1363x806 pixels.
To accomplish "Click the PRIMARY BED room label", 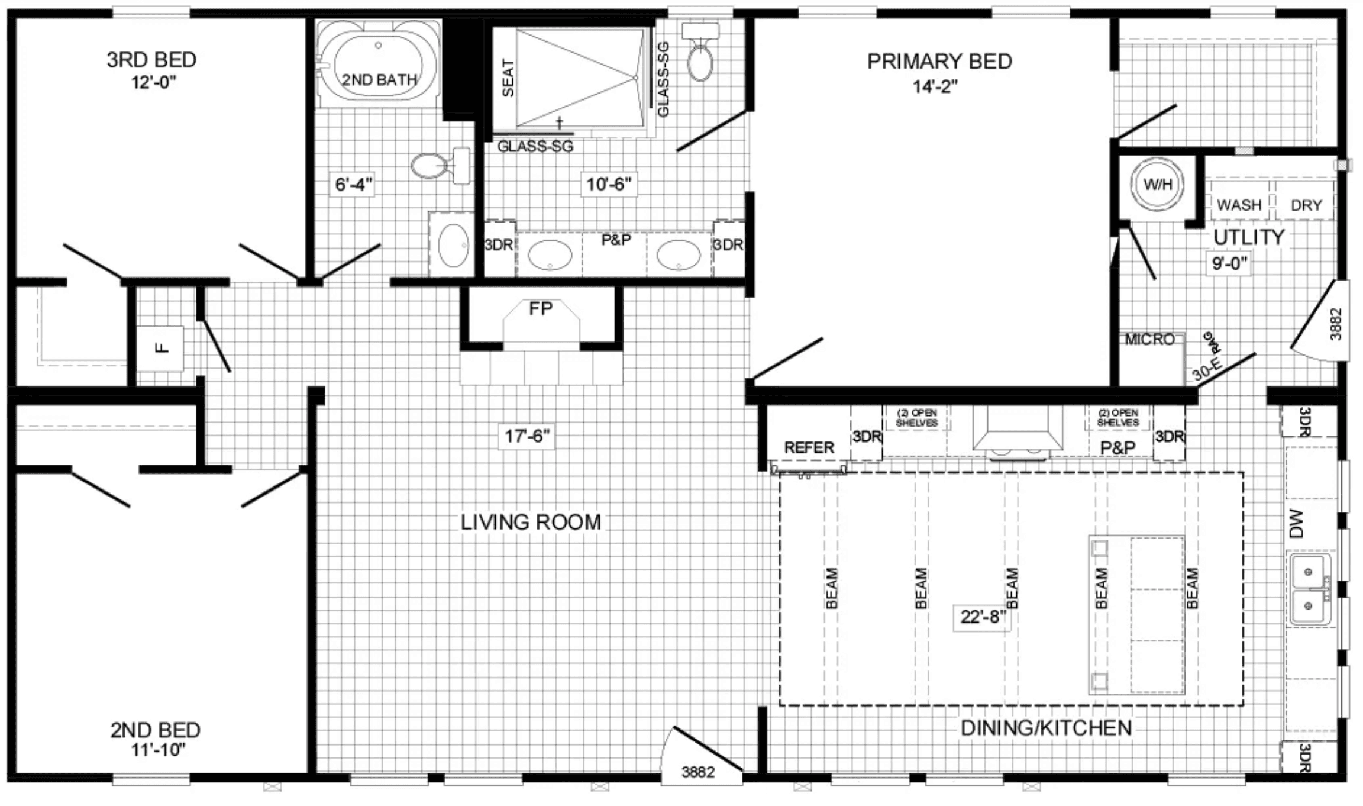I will [939, 62].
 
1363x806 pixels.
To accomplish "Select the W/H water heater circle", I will [1157, 184].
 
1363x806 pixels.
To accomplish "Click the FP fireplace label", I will [540, 308].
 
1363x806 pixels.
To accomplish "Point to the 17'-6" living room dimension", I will [527, 437].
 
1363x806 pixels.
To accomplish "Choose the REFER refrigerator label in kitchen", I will [809, 447].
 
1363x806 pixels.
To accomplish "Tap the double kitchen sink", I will [1310, 589].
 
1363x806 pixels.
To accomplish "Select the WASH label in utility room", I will [1239, 205].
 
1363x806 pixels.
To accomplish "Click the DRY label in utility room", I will [1306, 205].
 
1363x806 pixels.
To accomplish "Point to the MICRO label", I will [1149, 340].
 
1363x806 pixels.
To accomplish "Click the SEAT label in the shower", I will [508, 78].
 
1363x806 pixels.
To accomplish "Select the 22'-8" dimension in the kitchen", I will [983, 617].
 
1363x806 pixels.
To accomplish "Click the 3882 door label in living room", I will [698, 772].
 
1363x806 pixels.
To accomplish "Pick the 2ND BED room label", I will [155, 730].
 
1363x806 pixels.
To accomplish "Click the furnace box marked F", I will [161, 348].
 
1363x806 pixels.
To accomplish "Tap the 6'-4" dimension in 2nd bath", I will [353, 185].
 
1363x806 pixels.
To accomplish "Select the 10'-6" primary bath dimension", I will [608, 185].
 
